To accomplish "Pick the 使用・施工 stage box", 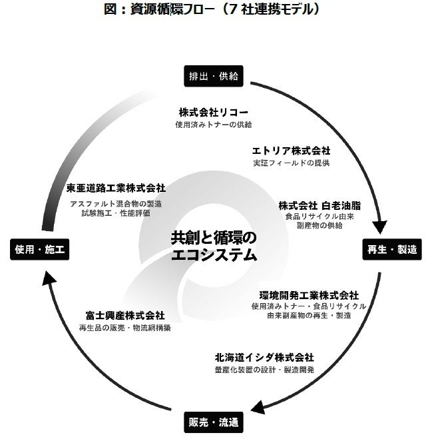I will (39, 249).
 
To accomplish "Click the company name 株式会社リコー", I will (213, 112).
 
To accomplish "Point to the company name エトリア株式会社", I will (291, 151).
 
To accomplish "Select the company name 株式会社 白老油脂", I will (320, 205).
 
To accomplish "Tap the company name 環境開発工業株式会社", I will (309, 294).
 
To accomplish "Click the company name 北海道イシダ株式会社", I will (264, 357).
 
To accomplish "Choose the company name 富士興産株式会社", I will (124, 315).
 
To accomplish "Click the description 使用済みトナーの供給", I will (213, 124).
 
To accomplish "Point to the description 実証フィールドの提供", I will (291, 163).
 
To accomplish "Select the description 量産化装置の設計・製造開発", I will (264, 369).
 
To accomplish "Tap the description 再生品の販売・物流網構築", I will (124, 328).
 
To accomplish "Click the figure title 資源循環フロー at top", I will (217, 9).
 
